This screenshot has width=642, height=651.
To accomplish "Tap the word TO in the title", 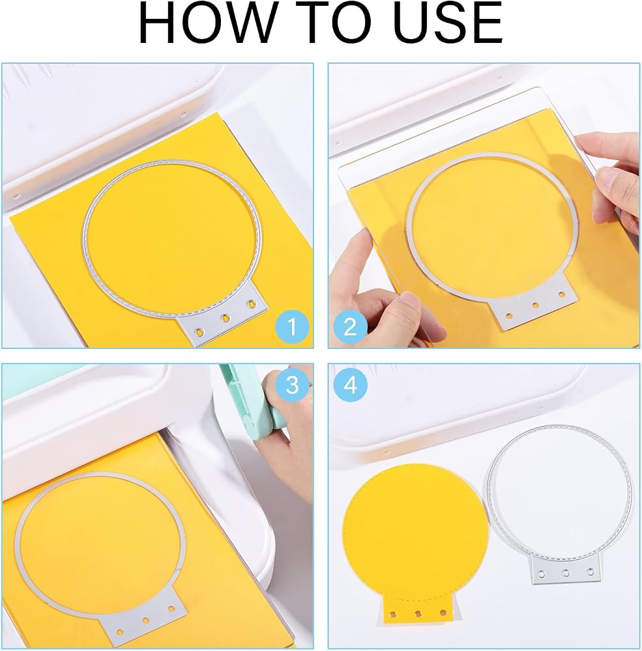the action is [x=327, y=23].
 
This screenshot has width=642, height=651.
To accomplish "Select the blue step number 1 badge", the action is [x=292, y=327].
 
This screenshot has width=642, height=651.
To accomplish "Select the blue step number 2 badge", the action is [x=350, y=327].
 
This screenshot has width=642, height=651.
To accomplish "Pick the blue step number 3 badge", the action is [x=292, y=385].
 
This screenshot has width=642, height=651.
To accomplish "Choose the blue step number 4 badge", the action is [x=350, y=385].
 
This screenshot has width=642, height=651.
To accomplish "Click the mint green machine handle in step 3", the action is [x=245, y=395].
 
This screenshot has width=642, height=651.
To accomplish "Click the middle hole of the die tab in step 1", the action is [x=226, y=318].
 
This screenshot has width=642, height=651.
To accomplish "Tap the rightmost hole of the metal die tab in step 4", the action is [x=591, y=572].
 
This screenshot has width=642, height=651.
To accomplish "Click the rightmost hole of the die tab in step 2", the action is [x=561, y=294].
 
